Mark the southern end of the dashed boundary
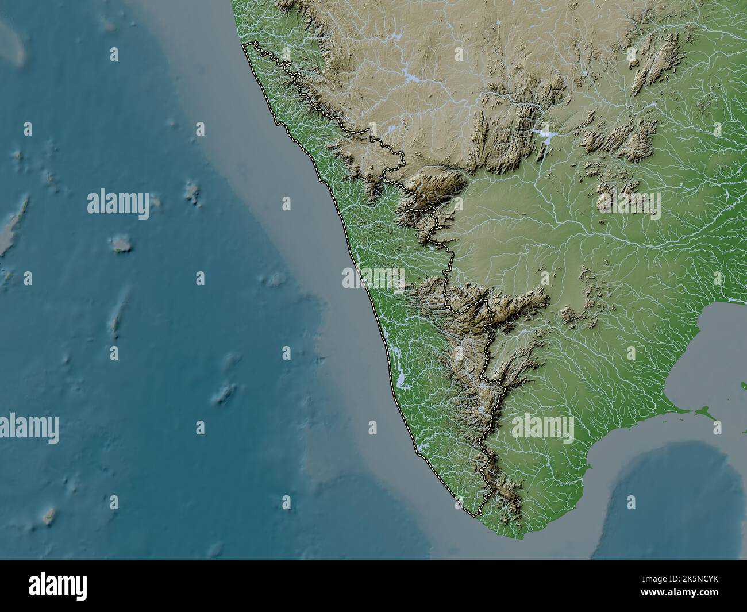pyautogui.click(x=475, y=515)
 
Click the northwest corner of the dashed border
pyautogui.click(x=245, y=44)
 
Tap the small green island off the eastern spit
pyautogui.click(x=702, y=411)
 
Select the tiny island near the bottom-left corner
pyautogui.click(x=48, y=515)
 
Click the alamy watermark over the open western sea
pyautogui.click(x=118, y=204)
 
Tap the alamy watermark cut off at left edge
pyautogui.click(x=29, y=428)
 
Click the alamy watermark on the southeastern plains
pyautogui.click(x=542, y=428)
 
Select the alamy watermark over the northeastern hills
pyautogui.click(x=629, y=204)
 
